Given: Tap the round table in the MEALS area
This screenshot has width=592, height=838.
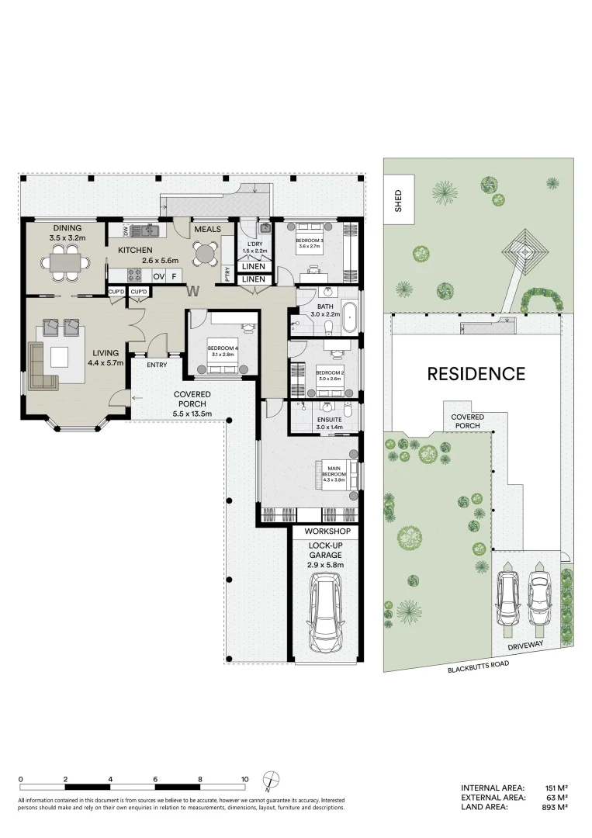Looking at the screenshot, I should tap(206, 253).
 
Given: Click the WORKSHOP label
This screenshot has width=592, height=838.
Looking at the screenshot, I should tap(327, 532).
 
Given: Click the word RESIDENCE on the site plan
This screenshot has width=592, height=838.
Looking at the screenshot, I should tap(476, 374).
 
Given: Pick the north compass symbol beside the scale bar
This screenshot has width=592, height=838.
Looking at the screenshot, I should tap(271, 780).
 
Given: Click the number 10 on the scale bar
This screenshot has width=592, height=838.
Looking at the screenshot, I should tap(244, 779).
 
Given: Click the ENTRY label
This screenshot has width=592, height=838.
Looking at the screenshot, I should tap(157, 365).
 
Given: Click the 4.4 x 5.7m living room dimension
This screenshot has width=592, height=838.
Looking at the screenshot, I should tap(106, 362).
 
